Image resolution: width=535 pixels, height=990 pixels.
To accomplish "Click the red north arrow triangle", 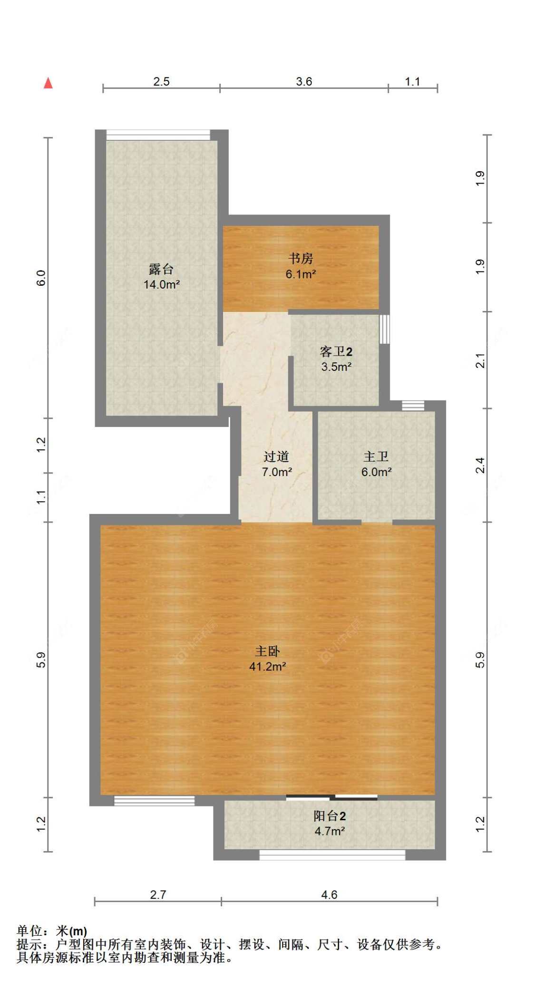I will [x=48, y=83].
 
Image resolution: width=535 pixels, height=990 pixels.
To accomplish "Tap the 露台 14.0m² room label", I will [x=161, y=277].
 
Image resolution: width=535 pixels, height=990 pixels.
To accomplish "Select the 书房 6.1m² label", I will [x=301, y=266].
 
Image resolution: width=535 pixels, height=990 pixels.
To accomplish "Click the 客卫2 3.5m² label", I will [x=336, y=359].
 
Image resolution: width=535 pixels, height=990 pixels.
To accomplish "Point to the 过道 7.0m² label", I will [x=276, y=464].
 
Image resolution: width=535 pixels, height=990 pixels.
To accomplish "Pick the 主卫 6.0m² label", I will [x=376, y=464].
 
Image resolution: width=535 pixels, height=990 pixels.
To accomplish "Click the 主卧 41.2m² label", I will [x=267, y=659].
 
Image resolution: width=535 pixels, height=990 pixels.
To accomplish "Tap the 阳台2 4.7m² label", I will [x=329, y=823].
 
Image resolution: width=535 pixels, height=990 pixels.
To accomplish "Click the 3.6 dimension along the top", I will [x=304, y=81].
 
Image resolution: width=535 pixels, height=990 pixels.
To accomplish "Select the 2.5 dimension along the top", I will [x=161, y=81].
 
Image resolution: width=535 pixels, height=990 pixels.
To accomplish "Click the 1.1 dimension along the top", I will [x=412, y=81].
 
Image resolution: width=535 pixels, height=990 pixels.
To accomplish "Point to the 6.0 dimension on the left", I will [x=41, y=278].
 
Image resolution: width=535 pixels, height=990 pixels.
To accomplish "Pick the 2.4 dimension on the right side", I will [x=480, y=465].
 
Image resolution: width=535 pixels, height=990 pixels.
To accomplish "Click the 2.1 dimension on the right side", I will [x=480, y=360].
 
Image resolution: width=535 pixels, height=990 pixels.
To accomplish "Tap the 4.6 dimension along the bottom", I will [x=329, y=895].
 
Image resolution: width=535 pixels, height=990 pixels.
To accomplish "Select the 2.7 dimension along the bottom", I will [x=158, y=895].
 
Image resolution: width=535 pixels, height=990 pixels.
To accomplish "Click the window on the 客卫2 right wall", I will [x=384, y=329].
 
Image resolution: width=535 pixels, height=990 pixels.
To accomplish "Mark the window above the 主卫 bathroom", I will [x=413, y=406].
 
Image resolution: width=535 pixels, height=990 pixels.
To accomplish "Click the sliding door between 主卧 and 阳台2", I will [x=331, y=797].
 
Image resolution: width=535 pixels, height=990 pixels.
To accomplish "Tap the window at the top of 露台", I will [x=158, y=135].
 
